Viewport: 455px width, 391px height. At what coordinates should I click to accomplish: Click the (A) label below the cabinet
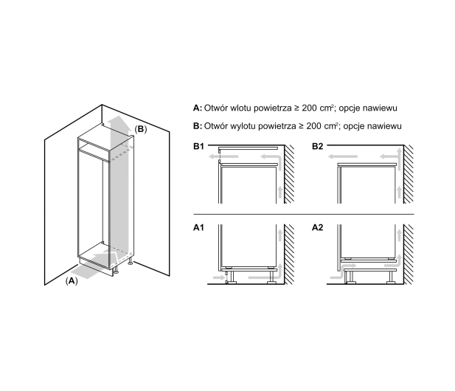[72, 281]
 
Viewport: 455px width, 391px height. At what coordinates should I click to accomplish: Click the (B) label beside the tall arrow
[141, 129]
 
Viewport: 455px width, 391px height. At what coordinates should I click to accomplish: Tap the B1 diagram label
[199, 146]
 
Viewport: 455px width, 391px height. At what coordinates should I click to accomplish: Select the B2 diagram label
[317, 146]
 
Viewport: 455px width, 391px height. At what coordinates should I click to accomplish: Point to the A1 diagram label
[199, 227]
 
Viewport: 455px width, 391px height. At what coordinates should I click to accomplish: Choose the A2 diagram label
[317, 227]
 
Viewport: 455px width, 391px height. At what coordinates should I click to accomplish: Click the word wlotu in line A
[241, 108]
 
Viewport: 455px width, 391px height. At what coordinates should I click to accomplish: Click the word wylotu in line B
[243, 126]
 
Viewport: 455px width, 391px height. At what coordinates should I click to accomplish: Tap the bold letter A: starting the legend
[198, 108]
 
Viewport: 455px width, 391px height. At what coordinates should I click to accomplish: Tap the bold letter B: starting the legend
[198, 126]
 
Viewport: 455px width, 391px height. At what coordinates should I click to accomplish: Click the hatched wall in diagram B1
[289, 174]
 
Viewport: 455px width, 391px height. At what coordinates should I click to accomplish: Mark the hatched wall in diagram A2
[409, 255]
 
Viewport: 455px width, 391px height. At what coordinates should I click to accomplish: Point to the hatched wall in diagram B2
[409, 174]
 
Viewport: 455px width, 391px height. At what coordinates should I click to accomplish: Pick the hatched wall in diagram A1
[289, 255]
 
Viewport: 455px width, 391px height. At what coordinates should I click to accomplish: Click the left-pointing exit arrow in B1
[223, 156]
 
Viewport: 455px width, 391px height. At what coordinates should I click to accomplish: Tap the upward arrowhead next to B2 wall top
[400, 150]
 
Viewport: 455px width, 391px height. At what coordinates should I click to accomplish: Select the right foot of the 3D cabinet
[131, 261]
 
